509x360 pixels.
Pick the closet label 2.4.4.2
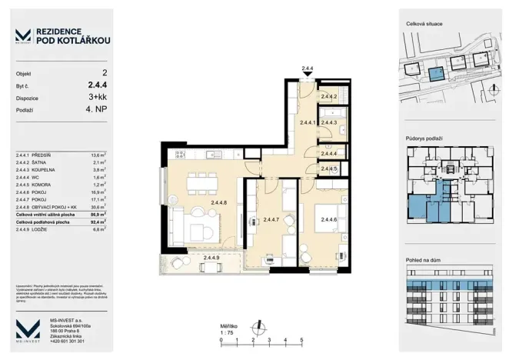pyautogui.click(x=330, y=96)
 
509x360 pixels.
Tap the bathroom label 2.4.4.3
pyautogui.click(x=330, y=122)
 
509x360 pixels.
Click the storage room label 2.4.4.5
pyautogui.click(x=330, y=168)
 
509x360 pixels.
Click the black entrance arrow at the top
pyautogui.click(x=308, y=75)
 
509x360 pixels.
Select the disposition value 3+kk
pyautogui.click(x=98, y=98)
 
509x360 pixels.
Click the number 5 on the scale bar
pyautogui.click(x=301, y=339)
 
